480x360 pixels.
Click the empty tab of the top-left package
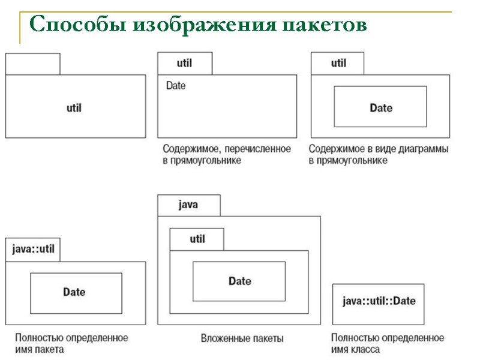[32, 64]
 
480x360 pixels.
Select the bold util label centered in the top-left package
[74, 108]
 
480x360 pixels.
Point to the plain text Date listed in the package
[176, 86]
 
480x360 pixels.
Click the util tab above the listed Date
[185, 63]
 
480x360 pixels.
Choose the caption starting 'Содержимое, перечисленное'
[226, 154]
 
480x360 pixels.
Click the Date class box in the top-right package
[380, 107]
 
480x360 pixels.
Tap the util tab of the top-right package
[338, 63]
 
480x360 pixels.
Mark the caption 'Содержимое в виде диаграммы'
[379, 154]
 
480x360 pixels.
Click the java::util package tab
[34, 250]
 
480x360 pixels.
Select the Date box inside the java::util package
[76, 293]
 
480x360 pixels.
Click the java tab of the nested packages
[188, 205]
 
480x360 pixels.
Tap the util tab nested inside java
[197, 239]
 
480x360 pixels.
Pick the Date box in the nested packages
[239, 281]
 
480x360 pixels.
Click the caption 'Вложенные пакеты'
[242, 338]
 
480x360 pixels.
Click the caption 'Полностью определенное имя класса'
[388, 343]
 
